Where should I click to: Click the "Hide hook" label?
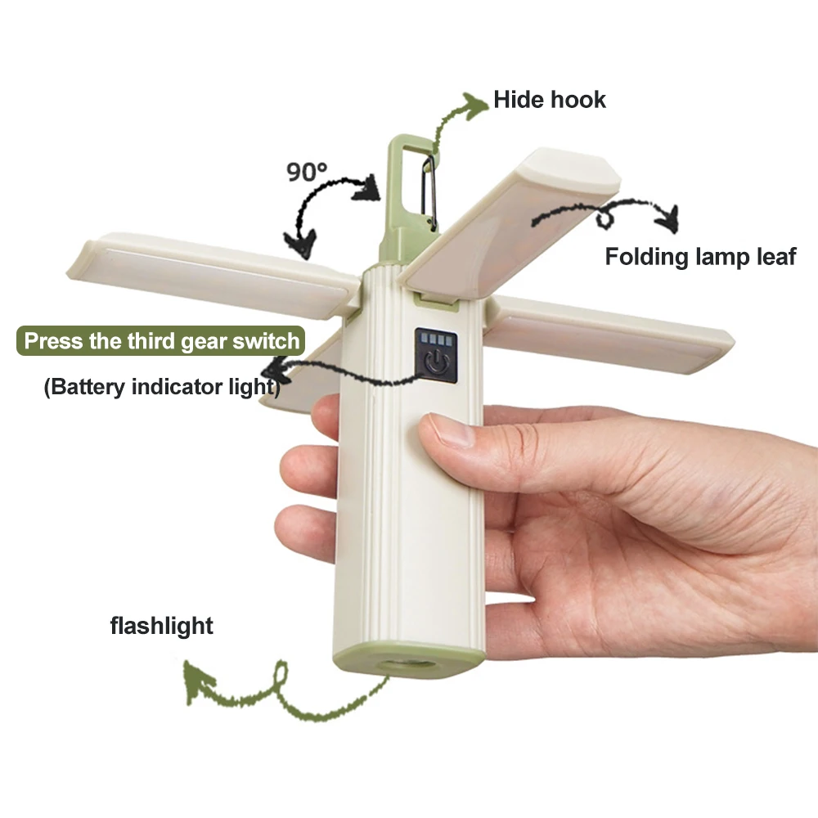(x=549, y=100)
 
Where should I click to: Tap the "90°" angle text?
(x=307, y=172)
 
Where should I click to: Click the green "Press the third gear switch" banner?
(x=162, y=340)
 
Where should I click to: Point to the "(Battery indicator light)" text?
(x=161, y=386)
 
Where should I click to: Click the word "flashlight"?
(x=161, y=627)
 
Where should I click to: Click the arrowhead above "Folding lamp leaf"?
(x=669, y=218)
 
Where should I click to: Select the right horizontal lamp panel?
(x=613, y=331)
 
